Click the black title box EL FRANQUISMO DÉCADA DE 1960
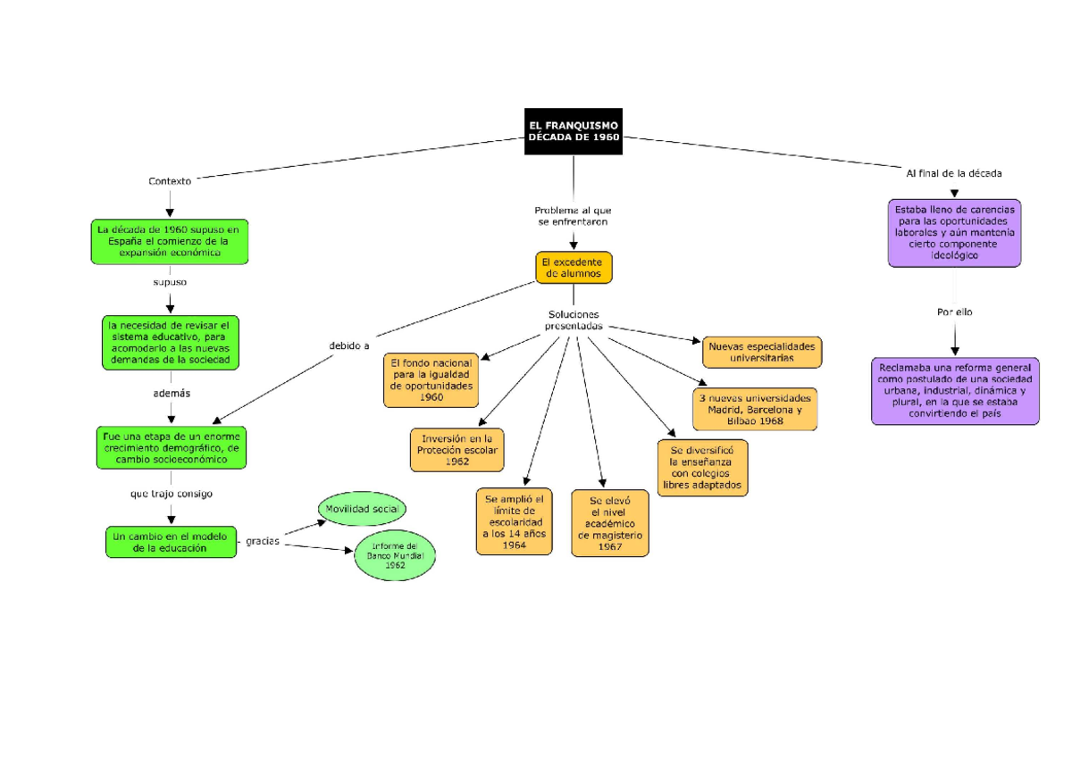(573, 131)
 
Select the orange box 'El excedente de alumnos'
(574, 268)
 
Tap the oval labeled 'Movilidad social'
(363, 509)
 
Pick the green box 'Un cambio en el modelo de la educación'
(170, 542)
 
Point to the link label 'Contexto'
(170, 180)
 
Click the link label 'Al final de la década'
(953, 173)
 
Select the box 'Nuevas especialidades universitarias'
(761, 352)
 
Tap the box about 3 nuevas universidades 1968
(755, 409)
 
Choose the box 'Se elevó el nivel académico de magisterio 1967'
(610, 523)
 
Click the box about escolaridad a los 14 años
(514, 521)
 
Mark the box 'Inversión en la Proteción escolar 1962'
(456, 450)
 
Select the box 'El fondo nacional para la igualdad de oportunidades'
(431, 379)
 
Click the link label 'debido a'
(349, 345)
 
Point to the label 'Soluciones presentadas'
(573, 320)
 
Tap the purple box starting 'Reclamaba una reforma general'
(955, 391)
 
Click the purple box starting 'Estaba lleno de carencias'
(954, 232)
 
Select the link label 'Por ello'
(954, 312)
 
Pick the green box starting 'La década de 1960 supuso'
(169, 241)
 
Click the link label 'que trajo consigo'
(171, 493)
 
